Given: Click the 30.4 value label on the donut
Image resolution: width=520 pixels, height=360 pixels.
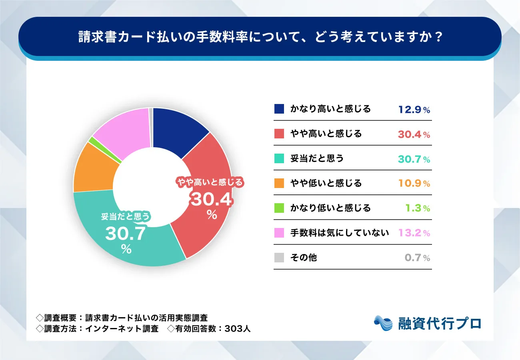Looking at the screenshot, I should (x=211, y=199).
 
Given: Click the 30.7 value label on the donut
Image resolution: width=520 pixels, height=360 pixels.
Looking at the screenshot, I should (x=125, y=234).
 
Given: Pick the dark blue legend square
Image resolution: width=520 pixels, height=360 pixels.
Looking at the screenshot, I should (x=279, y=109).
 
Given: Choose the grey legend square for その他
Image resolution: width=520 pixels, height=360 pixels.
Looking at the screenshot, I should (x=279, y=258).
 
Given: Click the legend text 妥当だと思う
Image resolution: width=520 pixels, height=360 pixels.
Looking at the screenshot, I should (x=317, y=158).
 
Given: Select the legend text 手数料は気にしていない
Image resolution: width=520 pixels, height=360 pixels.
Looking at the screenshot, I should (x=340, y=233).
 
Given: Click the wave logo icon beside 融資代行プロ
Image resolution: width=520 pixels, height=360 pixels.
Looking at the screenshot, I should (x=384, y=323).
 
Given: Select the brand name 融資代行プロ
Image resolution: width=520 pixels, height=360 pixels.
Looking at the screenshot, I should (x=440, y=324).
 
